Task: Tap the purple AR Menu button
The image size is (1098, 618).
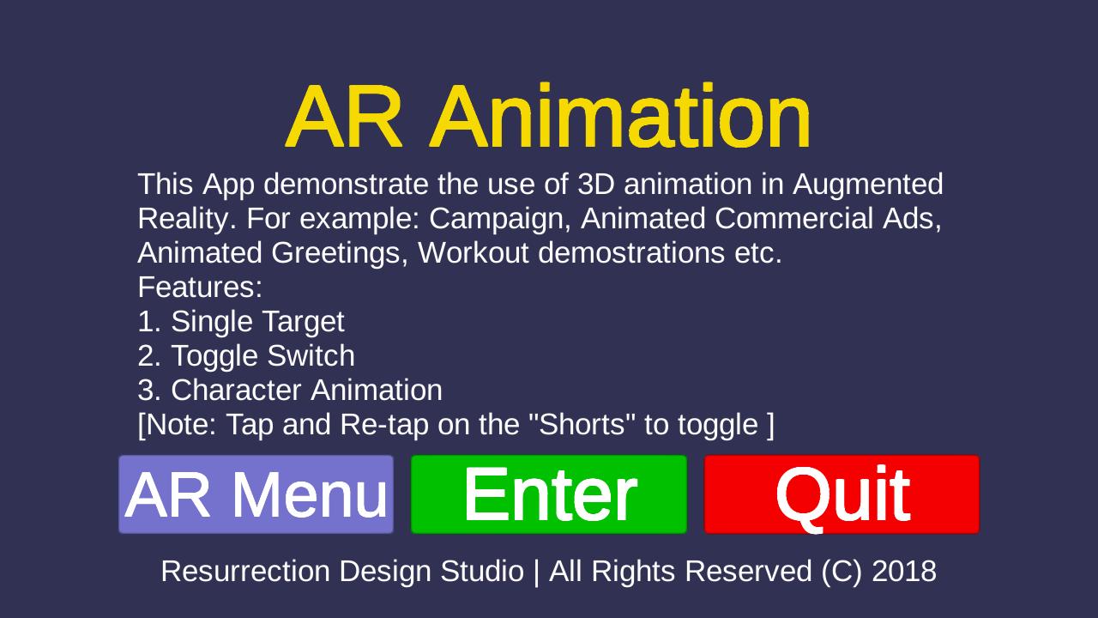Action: (x=256, y=494)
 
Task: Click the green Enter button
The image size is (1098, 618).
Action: (x=548, y=494)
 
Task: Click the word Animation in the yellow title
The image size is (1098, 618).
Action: (x=619, y=116)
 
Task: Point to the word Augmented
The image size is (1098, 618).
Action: (x=867, y=185)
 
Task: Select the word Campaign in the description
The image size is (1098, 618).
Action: (x=500, y=219)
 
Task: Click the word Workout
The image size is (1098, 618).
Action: (x=473, y=252)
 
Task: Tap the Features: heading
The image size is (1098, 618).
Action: (x=200, y=287)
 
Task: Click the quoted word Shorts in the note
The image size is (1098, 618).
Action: (x=582, y=424)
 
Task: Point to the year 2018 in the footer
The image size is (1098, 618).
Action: (x=904, y=572)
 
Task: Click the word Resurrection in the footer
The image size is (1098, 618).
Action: (x=245, y=572)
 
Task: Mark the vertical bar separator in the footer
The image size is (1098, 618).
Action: (x=536, y=573)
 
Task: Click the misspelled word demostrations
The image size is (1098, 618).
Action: (x=631, y=252)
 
